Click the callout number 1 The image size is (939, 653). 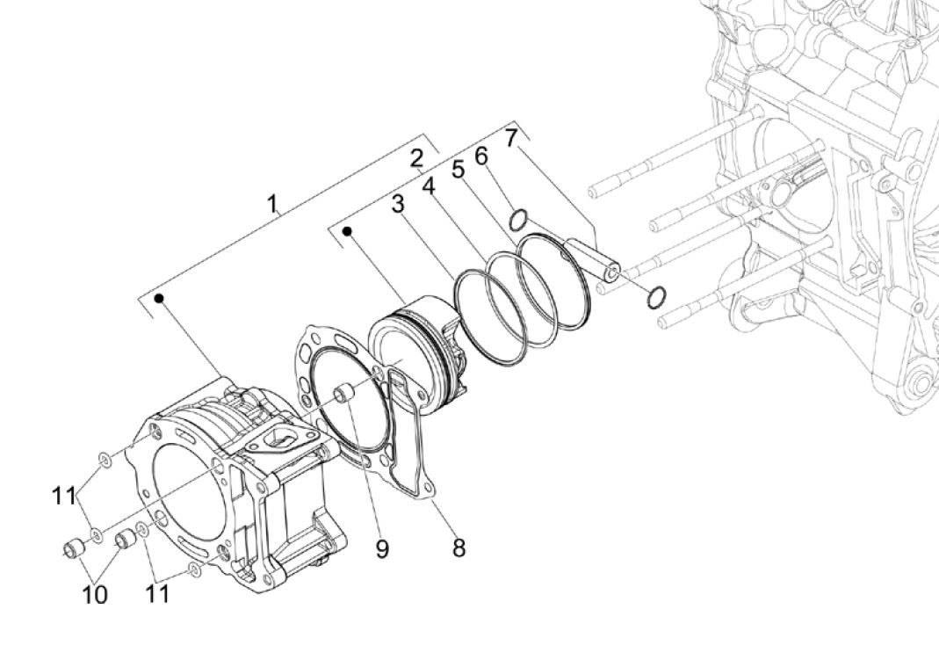[x=272, y=204]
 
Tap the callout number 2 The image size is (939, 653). [x=416, y=159]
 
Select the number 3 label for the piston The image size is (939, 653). [x=398, y=204]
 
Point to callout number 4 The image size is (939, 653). [x=428, y=186]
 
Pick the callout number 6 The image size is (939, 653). [x=481, y=156]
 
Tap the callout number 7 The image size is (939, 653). [x=511, y=137]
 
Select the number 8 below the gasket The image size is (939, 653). [x=458, y=548]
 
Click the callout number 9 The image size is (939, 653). [x=381, y=549]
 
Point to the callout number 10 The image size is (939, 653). [x=95, y=595]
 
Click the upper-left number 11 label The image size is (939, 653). [x=63, y=496]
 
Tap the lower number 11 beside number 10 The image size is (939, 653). [x=156, y=595]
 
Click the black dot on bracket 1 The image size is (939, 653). [x=160, y=299]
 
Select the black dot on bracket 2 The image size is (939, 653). [x=348, y=231]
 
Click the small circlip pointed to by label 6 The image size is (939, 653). [x=519, y=218]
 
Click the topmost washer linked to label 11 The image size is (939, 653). [x=104, y=459]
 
